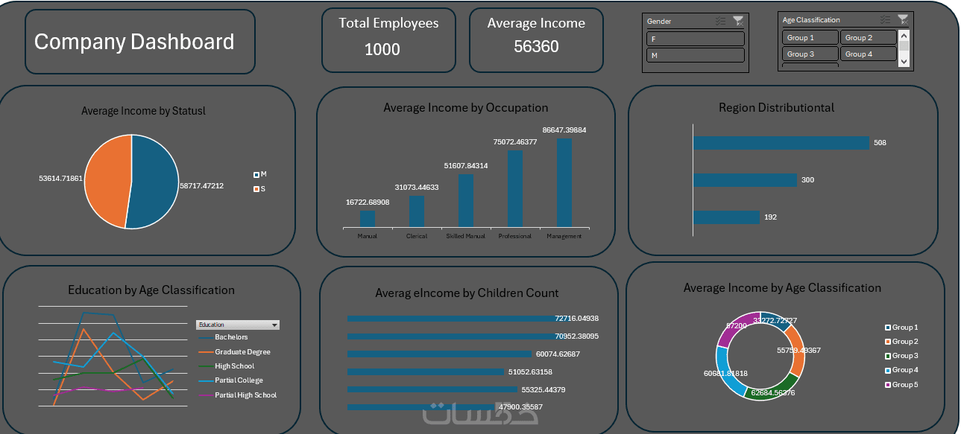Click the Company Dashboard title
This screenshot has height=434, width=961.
134,42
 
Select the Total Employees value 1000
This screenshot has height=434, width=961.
382,49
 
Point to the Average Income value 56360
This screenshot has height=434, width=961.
536,47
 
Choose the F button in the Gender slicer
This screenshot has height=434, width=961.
695,39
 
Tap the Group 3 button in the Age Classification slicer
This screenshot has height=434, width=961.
810,54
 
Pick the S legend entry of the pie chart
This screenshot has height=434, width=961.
260,189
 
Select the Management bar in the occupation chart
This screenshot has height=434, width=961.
564,182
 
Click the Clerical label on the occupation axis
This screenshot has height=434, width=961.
417,236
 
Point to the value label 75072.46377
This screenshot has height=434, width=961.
515,141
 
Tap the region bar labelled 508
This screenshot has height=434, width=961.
781,143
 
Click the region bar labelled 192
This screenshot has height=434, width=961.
726,217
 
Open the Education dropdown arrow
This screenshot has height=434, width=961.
275,325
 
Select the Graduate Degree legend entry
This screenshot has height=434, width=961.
242,351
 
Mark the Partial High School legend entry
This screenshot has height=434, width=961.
245,395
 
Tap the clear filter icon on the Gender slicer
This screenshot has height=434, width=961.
738,21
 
